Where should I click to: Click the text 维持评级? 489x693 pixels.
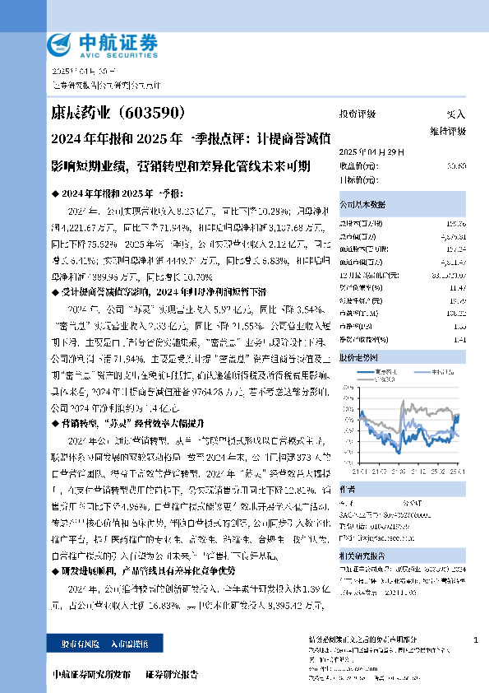point(449,131)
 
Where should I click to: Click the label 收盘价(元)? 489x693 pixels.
point(359,165)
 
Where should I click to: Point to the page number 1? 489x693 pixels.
point(476,640)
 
